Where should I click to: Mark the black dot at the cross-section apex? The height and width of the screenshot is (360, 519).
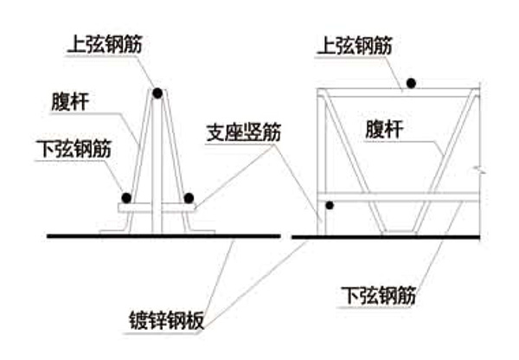[x=157, y=93]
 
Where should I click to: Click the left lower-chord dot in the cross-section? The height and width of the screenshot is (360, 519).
[x=126, y=197]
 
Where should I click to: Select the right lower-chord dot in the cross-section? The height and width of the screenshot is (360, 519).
[x=189, y=197]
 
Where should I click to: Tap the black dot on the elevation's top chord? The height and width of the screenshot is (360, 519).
[x=413, y=83]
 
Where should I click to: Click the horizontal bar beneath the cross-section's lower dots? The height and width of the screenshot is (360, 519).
[x=157, y=209]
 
